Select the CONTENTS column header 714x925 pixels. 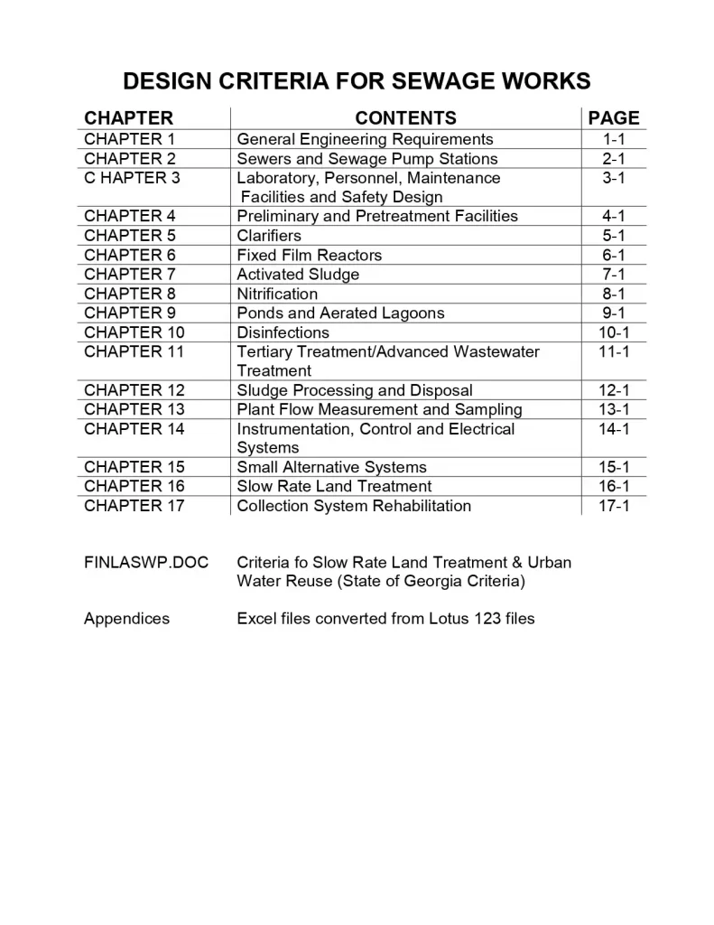405,118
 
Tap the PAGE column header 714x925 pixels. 613,118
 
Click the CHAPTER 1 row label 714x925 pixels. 129,139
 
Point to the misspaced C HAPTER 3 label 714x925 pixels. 132,178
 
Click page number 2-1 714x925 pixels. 614,159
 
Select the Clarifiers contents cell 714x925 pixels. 269,236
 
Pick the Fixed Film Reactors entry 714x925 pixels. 309,256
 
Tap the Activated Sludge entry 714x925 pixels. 298,275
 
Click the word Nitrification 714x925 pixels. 277,294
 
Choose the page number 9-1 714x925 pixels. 614,313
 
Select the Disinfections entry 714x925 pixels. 283,332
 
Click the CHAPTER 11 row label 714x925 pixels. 134,351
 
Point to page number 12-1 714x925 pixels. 614,390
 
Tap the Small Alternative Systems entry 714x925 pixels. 331,467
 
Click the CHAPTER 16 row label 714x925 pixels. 134,486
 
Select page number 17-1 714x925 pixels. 614,506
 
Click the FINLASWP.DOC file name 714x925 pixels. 146,563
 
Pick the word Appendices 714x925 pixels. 126,619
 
